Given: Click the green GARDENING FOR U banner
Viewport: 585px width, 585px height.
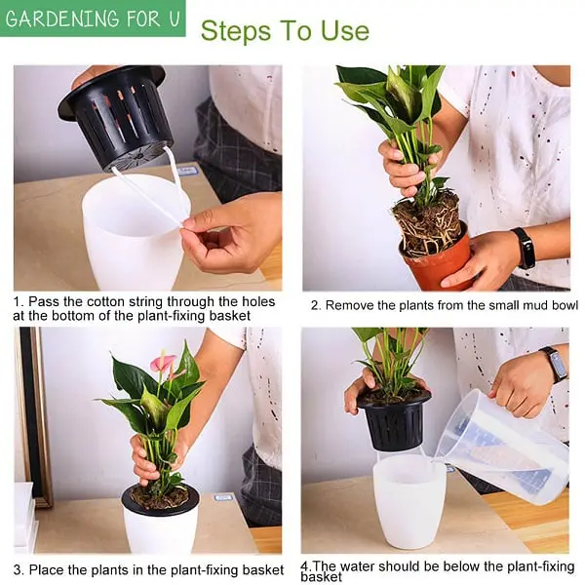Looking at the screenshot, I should point(92,19).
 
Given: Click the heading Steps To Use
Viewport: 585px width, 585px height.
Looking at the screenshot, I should point(285,31).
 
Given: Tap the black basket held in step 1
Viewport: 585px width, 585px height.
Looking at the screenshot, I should point(118,116).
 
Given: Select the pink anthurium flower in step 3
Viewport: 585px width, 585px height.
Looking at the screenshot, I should point(163,364).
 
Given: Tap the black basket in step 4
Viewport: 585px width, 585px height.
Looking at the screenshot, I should point(394,419).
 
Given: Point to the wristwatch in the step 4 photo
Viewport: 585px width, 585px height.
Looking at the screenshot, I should point(554,364).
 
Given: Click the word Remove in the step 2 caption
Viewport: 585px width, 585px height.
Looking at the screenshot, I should point(350,305).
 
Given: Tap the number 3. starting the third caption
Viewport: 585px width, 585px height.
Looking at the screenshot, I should point(19,569).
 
